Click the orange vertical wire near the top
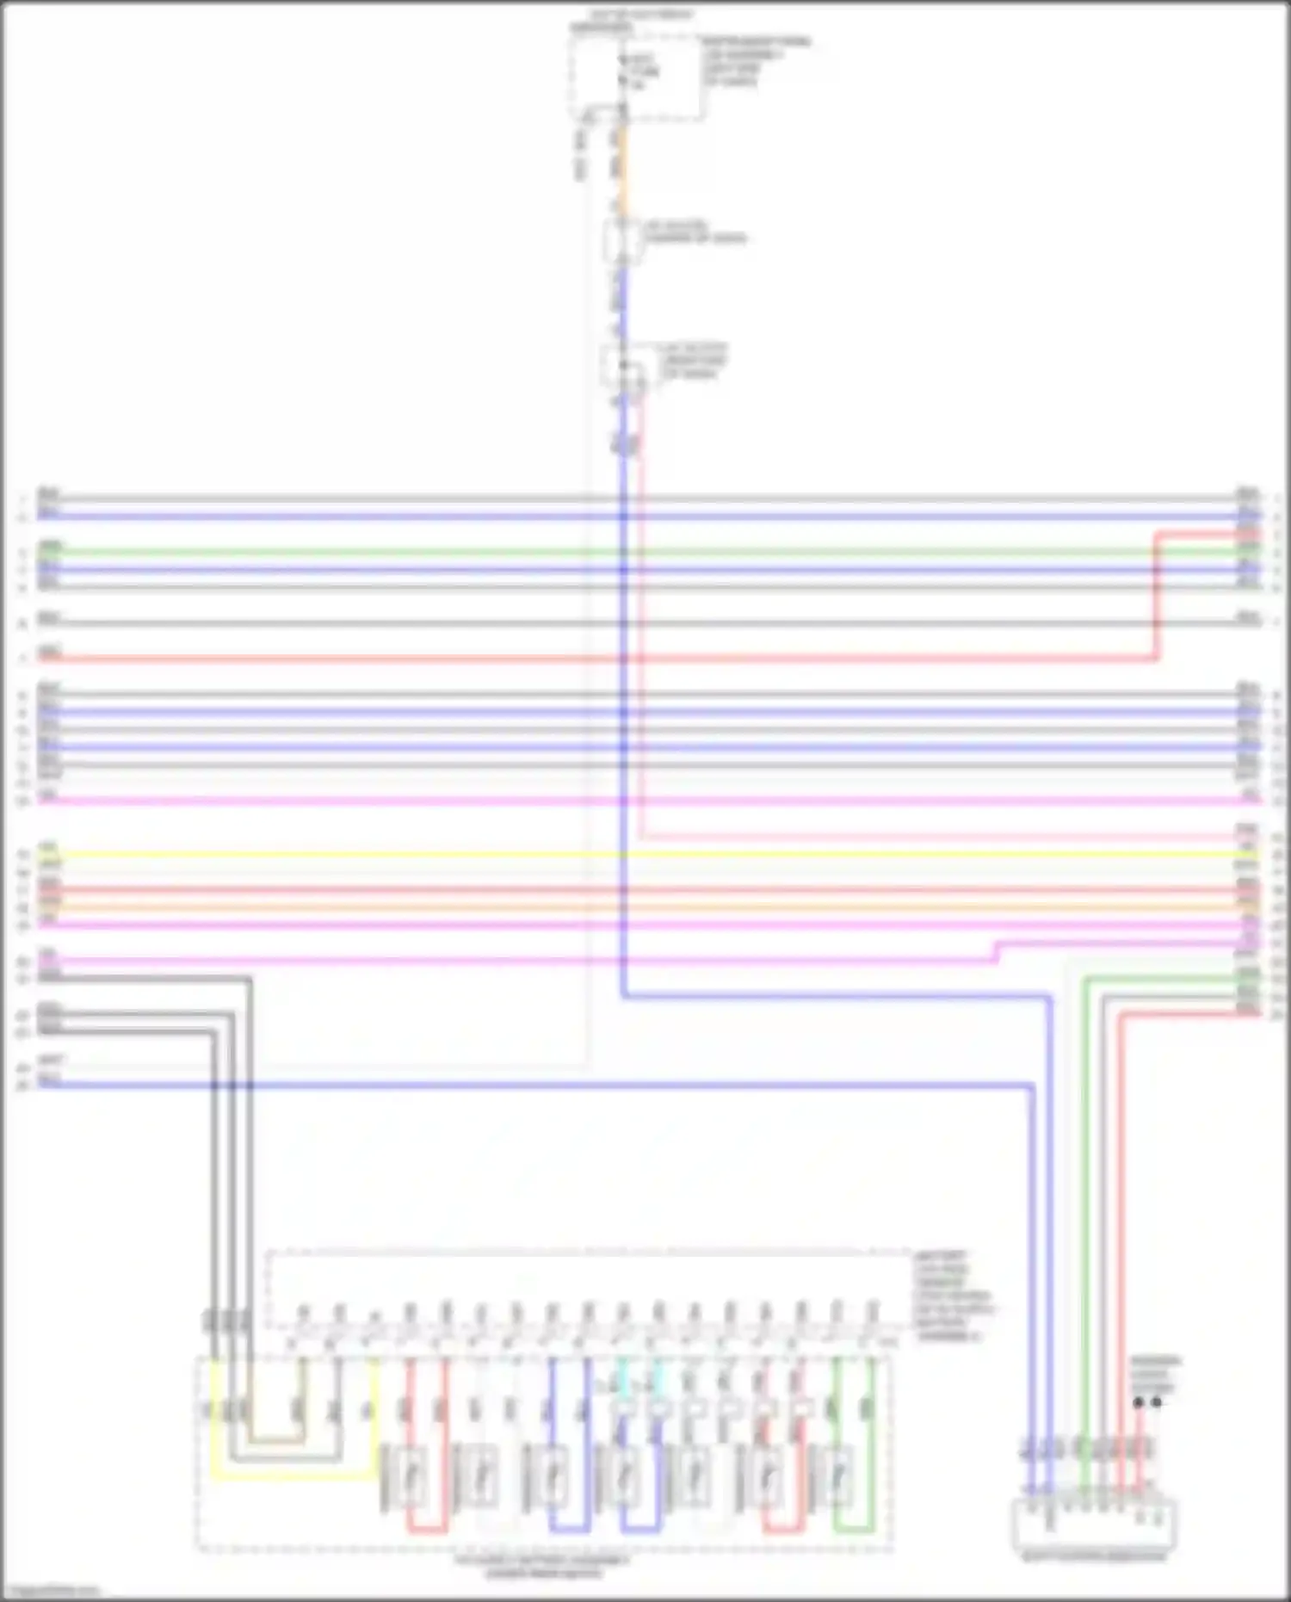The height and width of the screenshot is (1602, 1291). [x=622, y=168]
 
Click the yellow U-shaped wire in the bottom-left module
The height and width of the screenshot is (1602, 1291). [x=293, y=1477]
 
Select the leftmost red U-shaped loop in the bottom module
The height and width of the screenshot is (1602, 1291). [x=428, y=1530]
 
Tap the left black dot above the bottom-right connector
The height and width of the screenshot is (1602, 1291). [x=1139, y=1402]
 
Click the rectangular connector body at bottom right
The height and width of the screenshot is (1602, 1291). [x=1094, y=1525]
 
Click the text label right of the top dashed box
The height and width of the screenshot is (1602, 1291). [x=756, y=60]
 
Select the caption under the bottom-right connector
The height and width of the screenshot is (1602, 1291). [x=1093, y=1556]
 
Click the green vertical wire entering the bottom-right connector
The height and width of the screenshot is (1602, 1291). [x=1084, y=1205]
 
